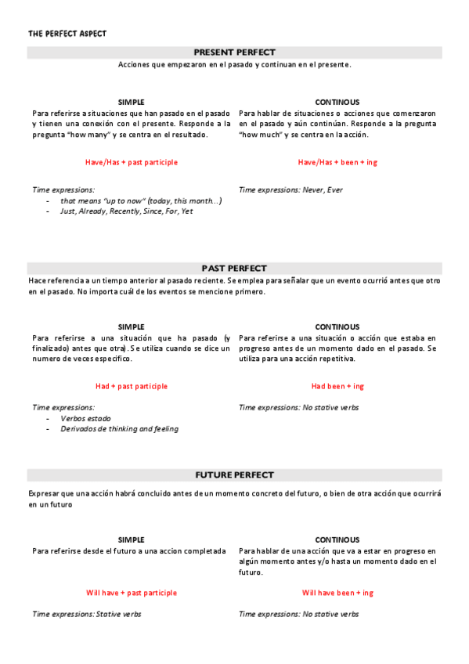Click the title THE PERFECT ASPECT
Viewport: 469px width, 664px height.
(67, 34)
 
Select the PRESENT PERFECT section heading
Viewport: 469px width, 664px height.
(234, 52)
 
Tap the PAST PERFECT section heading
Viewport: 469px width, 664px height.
(234, 268)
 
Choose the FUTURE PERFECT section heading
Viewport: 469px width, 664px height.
(234, 475)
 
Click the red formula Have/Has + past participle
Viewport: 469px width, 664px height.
(132, 162)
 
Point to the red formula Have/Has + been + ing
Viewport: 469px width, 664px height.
(337, 162)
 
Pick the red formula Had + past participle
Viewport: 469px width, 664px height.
(132, 386)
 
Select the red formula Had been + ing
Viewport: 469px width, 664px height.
(337, 386)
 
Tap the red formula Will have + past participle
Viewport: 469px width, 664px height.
(132, 593)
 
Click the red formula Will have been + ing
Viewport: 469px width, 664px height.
(337, 593)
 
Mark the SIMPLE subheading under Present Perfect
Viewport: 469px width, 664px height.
(132, 103)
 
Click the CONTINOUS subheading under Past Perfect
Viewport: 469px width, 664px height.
(337, 327)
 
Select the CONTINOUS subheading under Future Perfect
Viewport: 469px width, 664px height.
(337, 539)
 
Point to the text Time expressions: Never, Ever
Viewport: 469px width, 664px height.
(290, 189)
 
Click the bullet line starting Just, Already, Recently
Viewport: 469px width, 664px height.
(126, 211)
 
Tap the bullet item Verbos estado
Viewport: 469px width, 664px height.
(85, 418)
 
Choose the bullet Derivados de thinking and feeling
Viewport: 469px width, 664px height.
(119, 429)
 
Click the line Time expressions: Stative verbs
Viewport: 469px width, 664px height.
(87, 614)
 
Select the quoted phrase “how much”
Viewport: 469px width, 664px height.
(257, 135)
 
